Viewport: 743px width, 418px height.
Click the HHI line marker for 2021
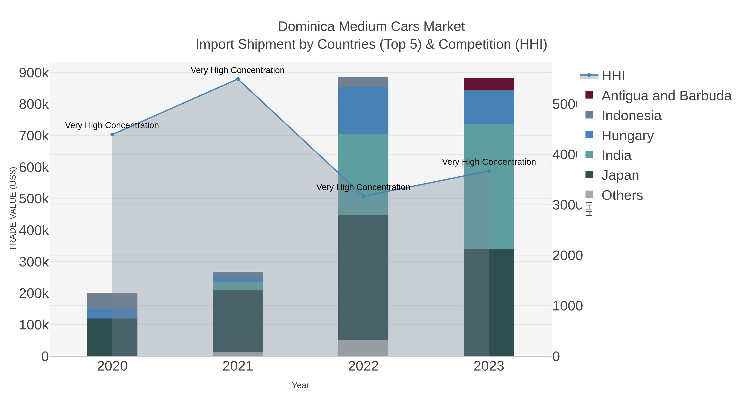click(x=238, y=79)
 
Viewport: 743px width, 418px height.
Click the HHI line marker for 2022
click(x=363, y=196)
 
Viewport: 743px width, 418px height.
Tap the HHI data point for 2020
click(x=112, y=135)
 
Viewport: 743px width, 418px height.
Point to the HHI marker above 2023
click(x=489, y=171)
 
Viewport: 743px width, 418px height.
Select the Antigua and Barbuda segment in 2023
click(x=489, y=84)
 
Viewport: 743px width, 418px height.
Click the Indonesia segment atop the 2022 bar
click(x=363, y=82)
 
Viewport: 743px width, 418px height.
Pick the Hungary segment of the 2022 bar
click(x=363, y=110)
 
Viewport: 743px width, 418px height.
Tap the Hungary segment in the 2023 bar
click(x=489, y=107)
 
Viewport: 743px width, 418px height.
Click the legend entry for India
click(x=616, y=155)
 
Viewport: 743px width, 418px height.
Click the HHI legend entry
click(x=613, y=76)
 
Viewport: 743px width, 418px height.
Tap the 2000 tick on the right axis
click(x=567, y=256)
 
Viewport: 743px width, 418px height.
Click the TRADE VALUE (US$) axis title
click(x=13, y=209)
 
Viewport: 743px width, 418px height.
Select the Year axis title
click(x=300, y=385)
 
